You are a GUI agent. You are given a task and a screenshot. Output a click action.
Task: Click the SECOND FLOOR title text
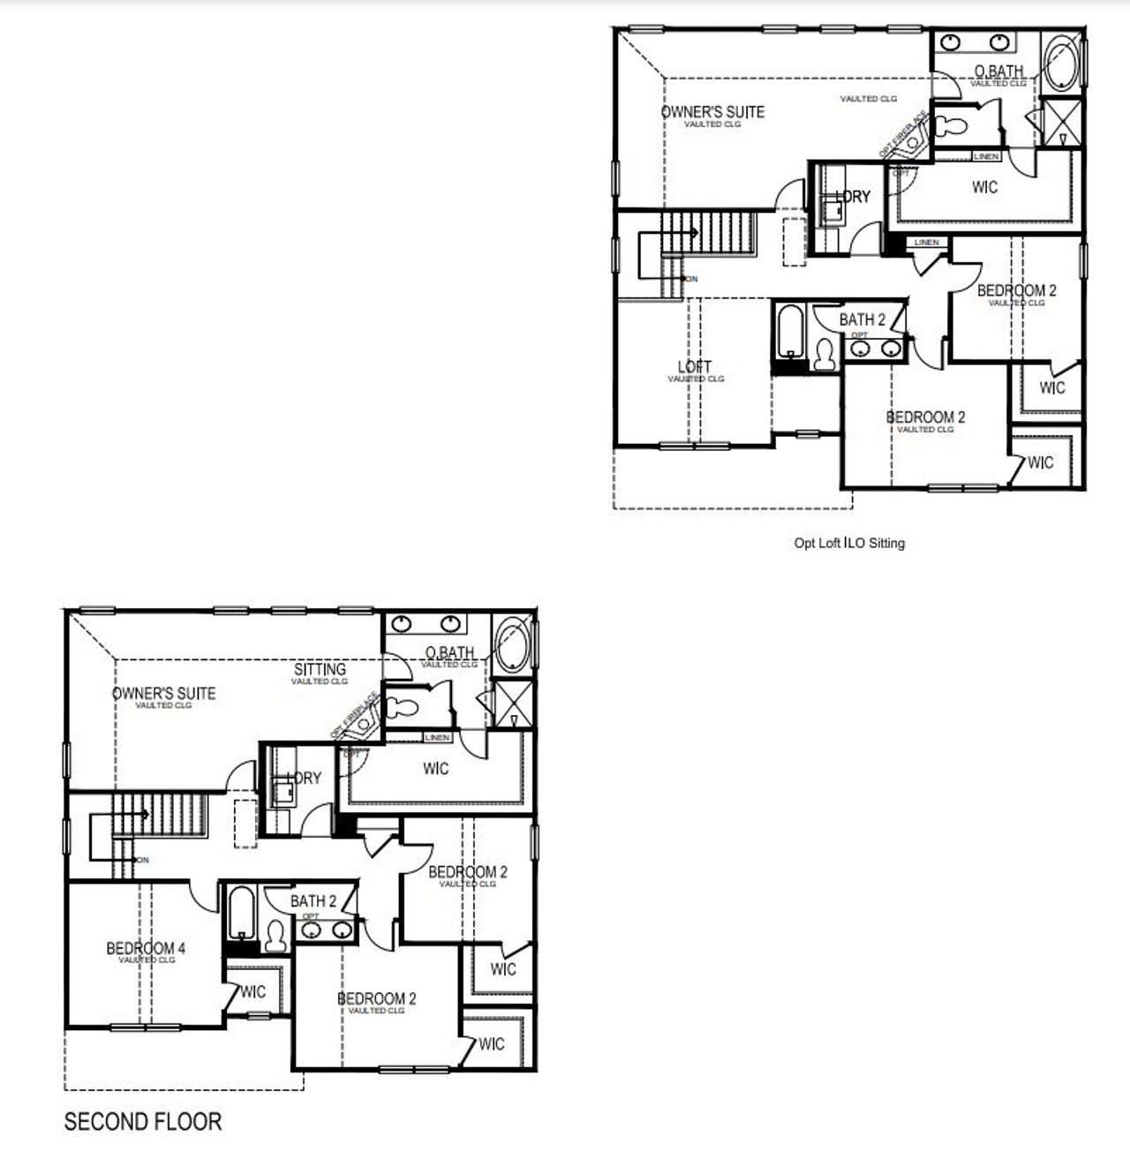click(142, 1122)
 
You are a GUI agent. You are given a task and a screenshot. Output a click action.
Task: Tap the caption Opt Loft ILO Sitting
click(849, 543)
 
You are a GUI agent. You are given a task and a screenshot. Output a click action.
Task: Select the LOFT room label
click(695, 367)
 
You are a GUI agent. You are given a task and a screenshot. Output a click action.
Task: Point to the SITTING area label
click(320, 670)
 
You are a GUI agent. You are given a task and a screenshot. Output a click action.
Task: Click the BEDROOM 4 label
click(146, 949)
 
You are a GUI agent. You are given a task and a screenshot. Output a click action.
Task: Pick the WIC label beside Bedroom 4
click(252, 992)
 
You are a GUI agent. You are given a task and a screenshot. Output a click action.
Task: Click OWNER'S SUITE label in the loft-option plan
click(712, 112)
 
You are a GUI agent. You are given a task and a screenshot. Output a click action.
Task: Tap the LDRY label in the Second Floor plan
click(305, 779)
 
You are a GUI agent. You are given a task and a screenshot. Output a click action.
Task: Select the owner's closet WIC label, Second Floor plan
click(435, 769)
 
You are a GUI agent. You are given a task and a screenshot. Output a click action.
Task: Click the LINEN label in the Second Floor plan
click(437, 738)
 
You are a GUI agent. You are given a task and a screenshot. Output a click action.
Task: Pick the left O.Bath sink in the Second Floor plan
click(403, 625)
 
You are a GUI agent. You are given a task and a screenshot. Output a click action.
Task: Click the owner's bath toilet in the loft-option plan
click(953, 124)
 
